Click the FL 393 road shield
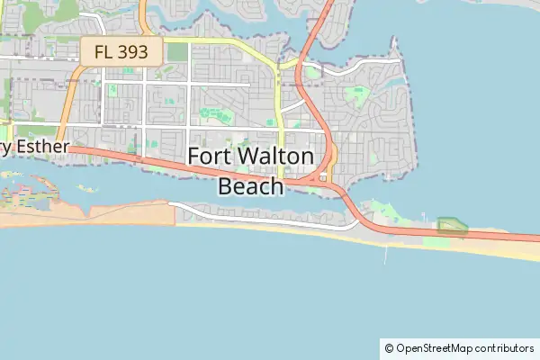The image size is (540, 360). [121, 50]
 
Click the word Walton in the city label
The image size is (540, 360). [281, 156]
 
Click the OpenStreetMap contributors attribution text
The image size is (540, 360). [464, 347]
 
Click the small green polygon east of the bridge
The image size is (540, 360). [452, 226]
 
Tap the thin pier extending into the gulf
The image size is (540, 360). [386, 254]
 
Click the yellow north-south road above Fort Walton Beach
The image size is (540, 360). [280, 108]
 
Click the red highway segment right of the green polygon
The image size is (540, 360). [504, 237]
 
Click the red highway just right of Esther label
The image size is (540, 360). [99, 152]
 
